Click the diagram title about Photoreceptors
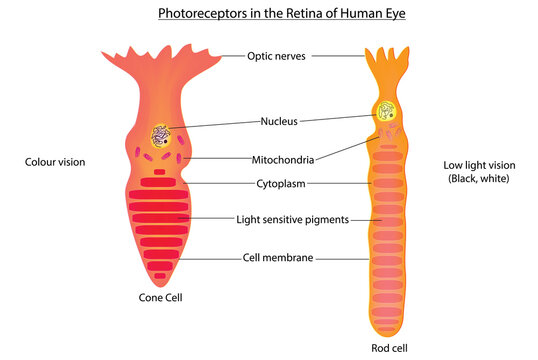(269, 14)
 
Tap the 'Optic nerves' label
(276, 56)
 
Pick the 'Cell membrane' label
(278, 257)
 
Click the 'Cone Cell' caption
(160, 297)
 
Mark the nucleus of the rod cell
(385, 112)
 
